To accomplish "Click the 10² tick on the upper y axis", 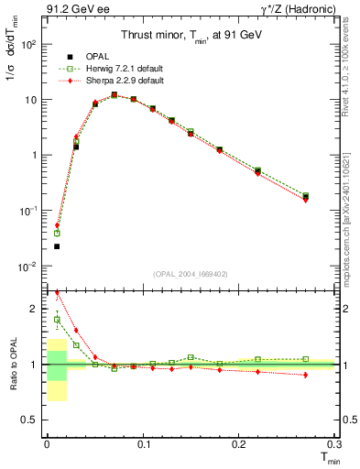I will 27,44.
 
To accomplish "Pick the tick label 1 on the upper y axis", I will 33,155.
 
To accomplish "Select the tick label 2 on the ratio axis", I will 35,309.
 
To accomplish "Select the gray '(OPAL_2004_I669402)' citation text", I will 191,274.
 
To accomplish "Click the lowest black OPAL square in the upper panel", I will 57,246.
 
